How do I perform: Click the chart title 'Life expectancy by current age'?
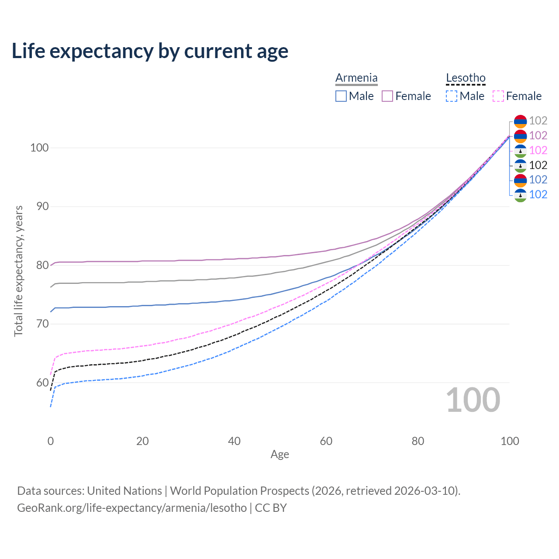click(x=150, y=51)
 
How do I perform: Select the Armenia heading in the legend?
click(x=356, y=78)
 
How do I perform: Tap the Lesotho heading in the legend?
click(x=466, y=78)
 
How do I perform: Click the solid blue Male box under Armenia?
click(x=341, y=96)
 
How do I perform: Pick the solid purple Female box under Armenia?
click(x=387, y=96)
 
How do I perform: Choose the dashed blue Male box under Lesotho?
click(x=452, y=96)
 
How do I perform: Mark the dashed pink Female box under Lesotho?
click(x=498, y=96)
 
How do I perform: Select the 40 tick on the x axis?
click(x=234, y=441)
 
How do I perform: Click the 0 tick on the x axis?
click(x=51, y=441)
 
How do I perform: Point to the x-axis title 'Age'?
click(x=279, y=455)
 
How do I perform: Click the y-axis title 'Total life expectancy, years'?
click(x=18, y=271)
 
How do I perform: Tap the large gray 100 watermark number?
click(x=473, y=400)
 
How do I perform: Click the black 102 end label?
click(x=538, y=165)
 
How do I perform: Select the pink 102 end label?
click(x=538, y=150)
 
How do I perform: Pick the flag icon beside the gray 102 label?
click(x=520, y=121)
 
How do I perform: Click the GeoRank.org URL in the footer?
click(x=132, y=508)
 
